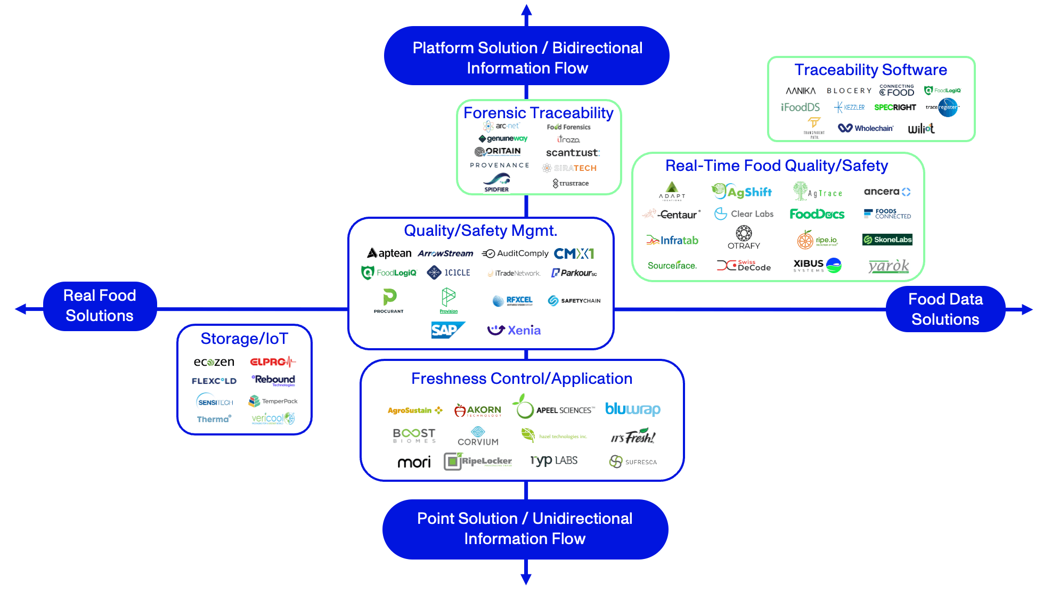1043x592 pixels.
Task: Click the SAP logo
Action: pyautogui.click(x=447, y=330)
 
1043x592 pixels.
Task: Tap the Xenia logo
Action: pyautogui.click(x=514, y=331)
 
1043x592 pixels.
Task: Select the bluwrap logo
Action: pyautogui.click(x=632, y=409)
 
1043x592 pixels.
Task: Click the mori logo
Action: pyautogui.click(x=414, y=462)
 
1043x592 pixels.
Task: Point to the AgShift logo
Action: pyautogui.click(x=742, y=192)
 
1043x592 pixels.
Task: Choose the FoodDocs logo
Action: pyautogui.click(x=817, y=214)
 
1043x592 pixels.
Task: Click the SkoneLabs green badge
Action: pyautogui.click(x=887, y=240)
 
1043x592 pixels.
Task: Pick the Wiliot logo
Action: pyautogui.click(x=921, y=128)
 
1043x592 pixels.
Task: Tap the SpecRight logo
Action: pyautogui.click(x=895, y=107)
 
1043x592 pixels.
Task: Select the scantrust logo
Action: pyautogui.click(x=573, y=153)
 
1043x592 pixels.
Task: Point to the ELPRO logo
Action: pyautogui.click(x=272, y=362)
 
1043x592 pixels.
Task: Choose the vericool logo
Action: pyautogui.click(x=273, y=418)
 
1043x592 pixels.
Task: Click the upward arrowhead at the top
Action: pyautogui.click(x=526, y=10)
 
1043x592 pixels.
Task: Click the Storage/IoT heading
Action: pyautogui.click(x=244, y=339)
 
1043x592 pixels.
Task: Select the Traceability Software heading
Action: pyautogui.click(x=870, y=70)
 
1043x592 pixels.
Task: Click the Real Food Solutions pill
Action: pyautogui.click(x=100, y=306)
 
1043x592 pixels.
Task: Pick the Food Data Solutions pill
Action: pyautogui.click(x=945, y=309)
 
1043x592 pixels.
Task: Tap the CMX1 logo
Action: pyautogui.click(x=574, y=253)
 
